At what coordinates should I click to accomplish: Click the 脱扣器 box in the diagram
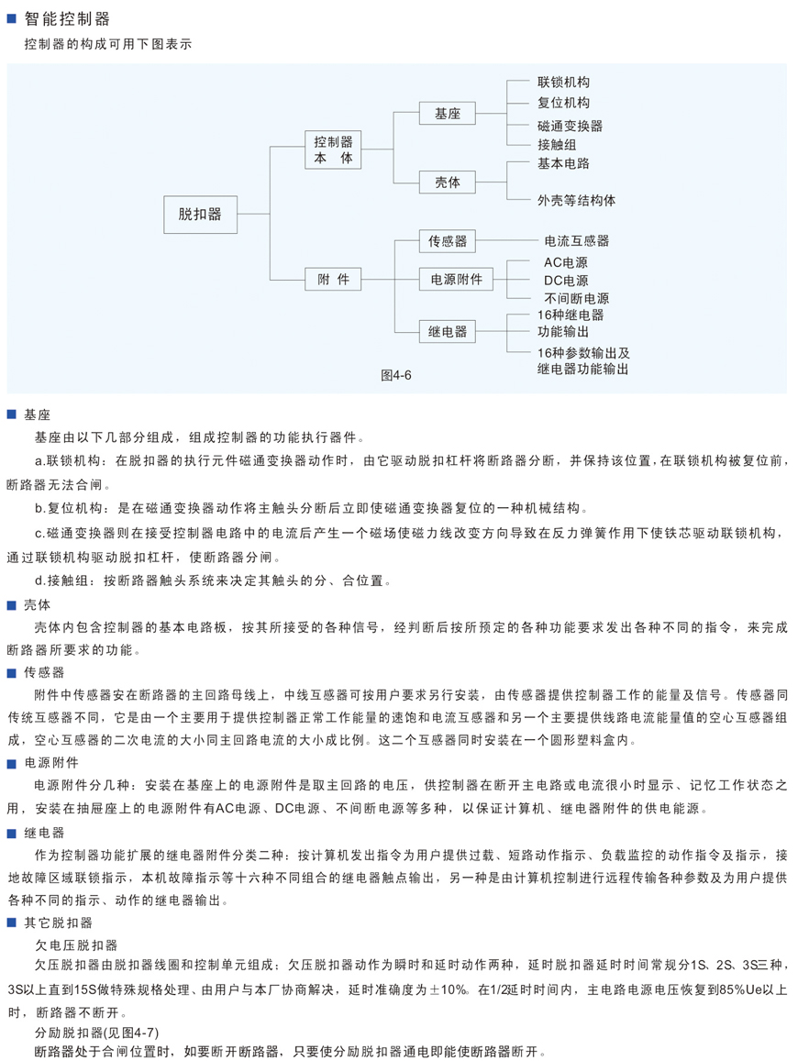(200, 215)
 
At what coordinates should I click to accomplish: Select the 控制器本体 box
(333, 149)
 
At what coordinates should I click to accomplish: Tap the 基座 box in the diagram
(448, 114)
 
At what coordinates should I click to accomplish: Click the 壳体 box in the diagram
(448, 182)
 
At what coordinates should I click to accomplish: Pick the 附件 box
(333, 279)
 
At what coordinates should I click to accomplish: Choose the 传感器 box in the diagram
(448, 241)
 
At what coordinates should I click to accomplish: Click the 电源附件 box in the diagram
(457, 279)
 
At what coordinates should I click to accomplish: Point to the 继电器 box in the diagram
(448, 332)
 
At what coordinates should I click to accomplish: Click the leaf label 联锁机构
(563, 82)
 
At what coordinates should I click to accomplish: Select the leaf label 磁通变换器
(570, 126)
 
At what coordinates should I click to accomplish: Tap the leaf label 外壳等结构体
(577, 200)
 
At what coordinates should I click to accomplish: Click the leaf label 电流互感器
(577, 241)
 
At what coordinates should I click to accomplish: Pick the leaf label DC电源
(566, 280)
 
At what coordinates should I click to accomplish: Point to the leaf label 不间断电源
(577, 298)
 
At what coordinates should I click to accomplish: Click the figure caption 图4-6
(396, 376)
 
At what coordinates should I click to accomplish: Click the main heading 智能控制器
(67, 19)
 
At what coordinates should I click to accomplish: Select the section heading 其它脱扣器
(58, 923)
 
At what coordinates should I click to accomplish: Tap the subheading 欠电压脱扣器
(76, 945)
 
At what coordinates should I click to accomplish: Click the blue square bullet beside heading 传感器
(12, 672)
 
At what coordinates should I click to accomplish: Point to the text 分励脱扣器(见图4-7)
(97, 1033)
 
